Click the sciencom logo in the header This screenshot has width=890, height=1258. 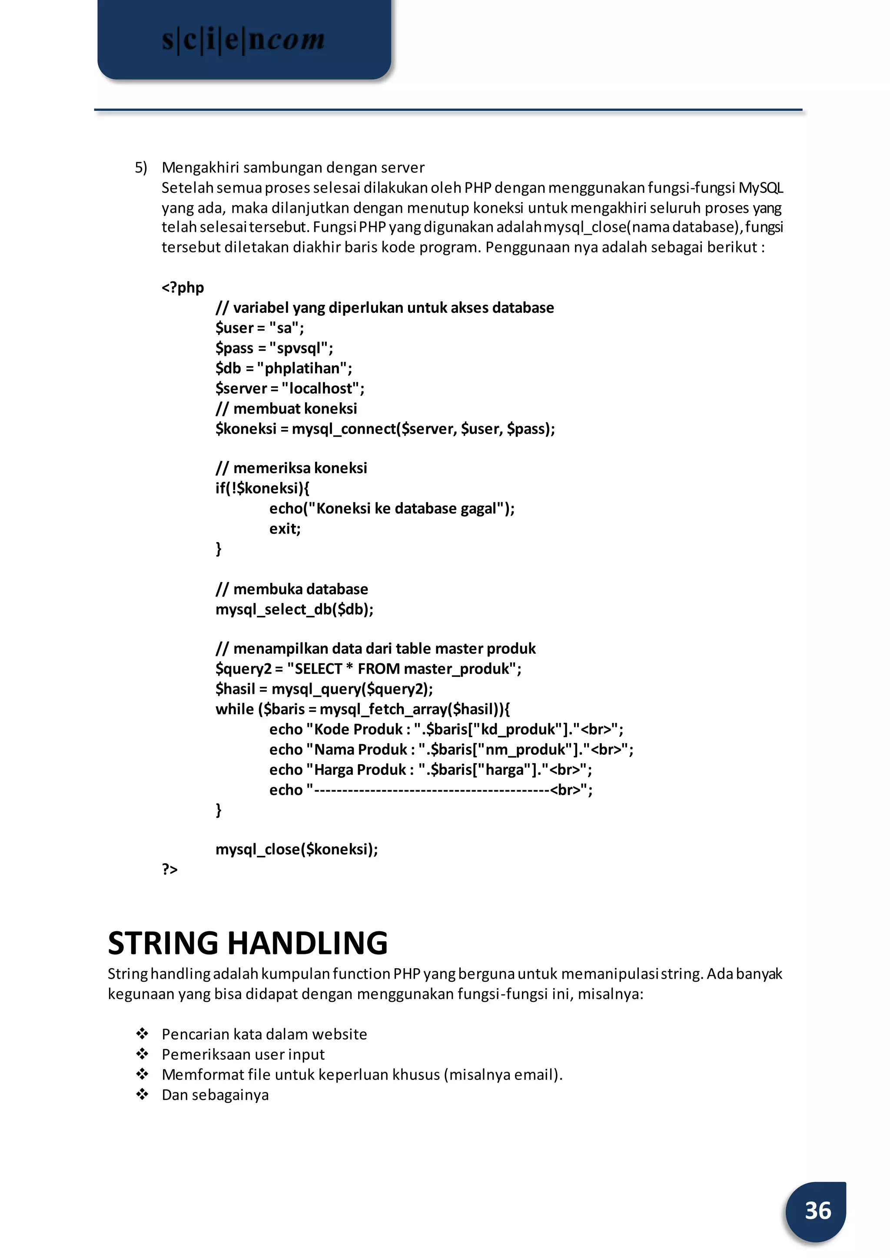point(243,40)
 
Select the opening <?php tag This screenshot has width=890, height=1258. point(183,288)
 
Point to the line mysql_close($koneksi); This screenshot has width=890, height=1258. point(296,849)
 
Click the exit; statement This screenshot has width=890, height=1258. point(285,529)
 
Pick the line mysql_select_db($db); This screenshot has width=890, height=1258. point(294,609)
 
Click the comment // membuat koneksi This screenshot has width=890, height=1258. point(286,409)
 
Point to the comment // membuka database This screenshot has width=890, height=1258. point(292,589)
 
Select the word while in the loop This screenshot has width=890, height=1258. point(235,709)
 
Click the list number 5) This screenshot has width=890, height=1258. point(141,168)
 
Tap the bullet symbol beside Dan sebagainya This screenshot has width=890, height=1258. point(143,1095)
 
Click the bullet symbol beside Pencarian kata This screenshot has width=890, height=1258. point(143,1034)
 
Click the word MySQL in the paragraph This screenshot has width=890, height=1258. point(760,188)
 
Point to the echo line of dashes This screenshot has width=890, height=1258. point(430,790)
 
